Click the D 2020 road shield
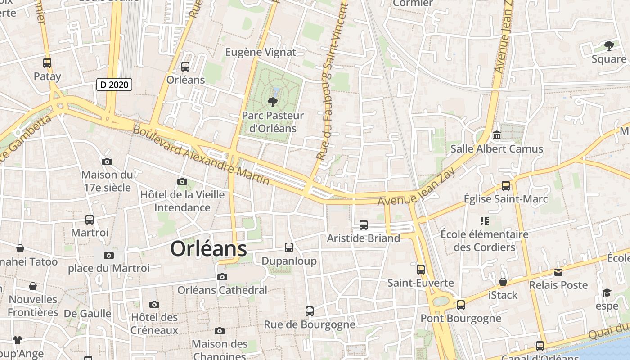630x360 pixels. pyautogui.click(x=114, y=85)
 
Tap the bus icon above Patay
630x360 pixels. pyautogui.click(x=47, y=63)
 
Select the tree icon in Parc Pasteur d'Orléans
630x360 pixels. pyautogui.click(x=272, y=102)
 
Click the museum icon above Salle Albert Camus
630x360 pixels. pyautogui.click(x=497, y=135)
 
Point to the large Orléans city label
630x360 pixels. pyautogui.click(x=209, y=249)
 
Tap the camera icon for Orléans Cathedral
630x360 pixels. pyautogui.click(x=222, y=277)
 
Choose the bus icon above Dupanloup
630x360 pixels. pyautogui.click(x=289, y=247)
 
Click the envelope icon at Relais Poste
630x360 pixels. pyautogui.click(x=558, y=272)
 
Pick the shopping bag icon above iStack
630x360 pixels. pyautogui.click(x=503, y=282)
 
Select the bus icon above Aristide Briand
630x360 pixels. pyautogui.click(x=364, y=225)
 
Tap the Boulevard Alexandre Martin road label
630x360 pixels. pyautogui.click(x=201, y=156)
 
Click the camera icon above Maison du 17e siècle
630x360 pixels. pyautogui.click(x=107, y=162)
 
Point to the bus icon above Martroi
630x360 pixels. pyautogui.click(x=90, y=220)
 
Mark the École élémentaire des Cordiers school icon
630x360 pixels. pyautogui.click(x=484, y=221)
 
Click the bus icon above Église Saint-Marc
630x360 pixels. pyautogui.click(x=506, y=185)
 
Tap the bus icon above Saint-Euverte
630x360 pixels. pyautogui.click(x=421, y=270)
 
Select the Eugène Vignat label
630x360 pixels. pyautogui.click(x=261, y=52)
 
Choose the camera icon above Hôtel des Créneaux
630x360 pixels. pyautogui.click(x=154, y=304)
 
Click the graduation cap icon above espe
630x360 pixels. pyautogui.click(x=607, y=293)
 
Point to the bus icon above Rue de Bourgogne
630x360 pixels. pyautogui.click(x=309, y=311)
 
